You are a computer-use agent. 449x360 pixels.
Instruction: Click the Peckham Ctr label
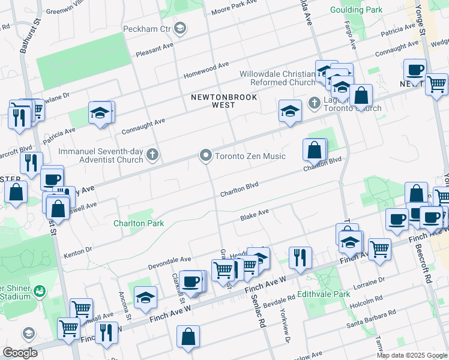coord(147,29)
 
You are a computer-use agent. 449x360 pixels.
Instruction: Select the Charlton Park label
coord(139,223)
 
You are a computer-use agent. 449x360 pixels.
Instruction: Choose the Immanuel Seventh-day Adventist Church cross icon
coord(153,156)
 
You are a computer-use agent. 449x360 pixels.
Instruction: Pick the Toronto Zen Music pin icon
coord(206,156)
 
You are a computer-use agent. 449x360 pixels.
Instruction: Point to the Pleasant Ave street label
coord(154,46)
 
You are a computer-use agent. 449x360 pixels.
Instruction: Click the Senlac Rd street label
coord(262,317)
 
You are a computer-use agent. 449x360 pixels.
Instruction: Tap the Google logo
coord(20,353)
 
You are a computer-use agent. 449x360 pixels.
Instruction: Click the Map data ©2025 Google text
coord(412,355)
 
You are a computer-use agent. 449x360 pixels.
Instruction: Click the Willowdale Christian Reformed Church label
coord(277,78)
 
